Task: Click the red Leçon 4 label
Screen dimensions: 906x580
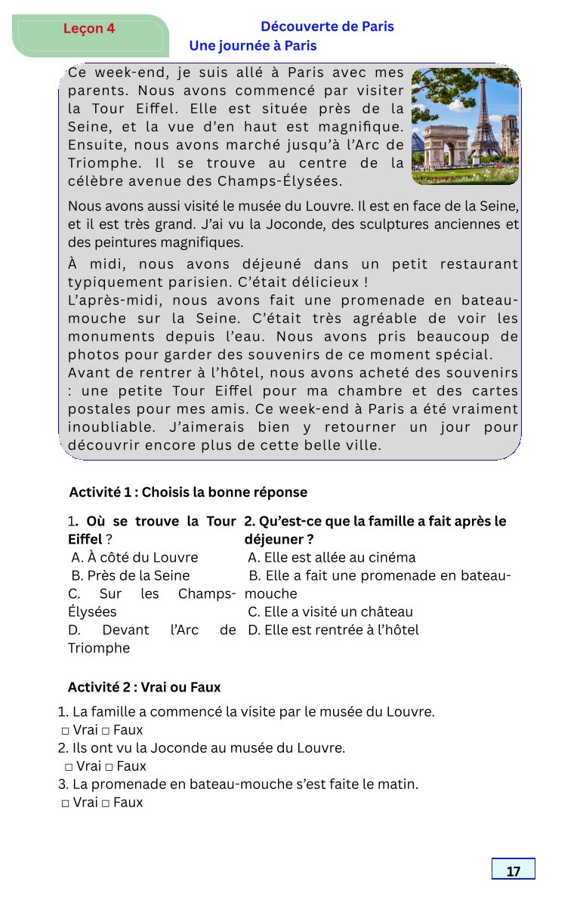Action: pyautogui.click(x=89, y=29)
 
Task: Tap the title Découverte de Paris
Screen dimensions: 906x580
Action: pyautogui.click(x=327, y=26)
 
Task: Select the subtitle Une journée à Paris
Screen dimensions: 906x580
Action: pyautogui.click(x=252, y=46)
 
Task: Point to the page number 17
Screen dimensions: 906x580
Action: pyautogui.click(x=514, y=871)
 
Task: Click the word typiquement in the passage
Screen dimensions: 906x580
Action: pyautogui.click(x=111, y=282)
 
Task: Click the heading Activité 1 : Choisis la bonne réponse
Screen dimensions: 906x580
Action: pyautogui.click(x=188, y=492)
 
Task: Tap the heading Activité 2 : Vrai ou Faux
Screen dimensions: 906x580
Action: pyautogui.click(x=144, y=687)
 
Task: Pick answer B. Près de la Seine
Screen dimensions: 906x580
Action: pyautogui.click(x=130, y=575)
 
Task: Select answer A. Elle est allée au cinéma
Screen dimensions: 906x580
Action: pyautogui.click(x=332, y=557)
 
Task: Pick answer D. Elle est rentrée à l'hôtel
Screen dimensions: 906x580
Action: pyautogui.click(x=332, y=630)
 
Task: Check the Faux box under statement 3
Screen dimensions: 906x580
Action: pyautogui.click(x=106, y=803)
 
